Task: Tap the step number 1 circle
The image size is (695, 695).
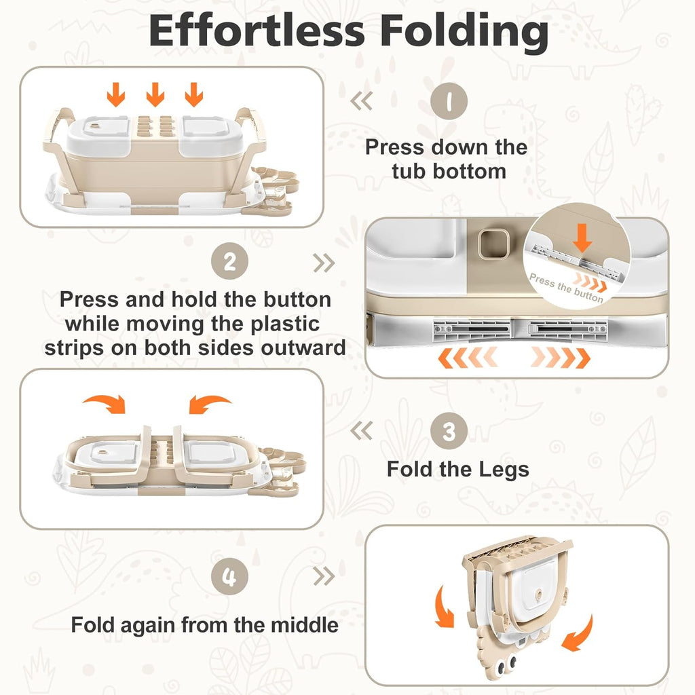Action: [449, 102]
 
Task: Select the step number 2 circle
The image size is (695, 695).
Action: [230, 262]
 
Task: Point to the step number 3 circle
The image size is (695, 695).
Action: [449, 430]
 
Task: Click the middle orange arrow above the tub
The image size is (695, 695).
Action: [155, 94]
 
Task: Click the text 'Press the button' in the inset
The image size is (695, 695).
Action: [565, 288]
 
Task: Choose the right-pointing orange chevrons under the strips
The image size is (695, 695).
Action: [560, 356]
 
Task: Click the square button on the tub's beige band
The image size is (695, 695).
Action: [492, 242]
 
